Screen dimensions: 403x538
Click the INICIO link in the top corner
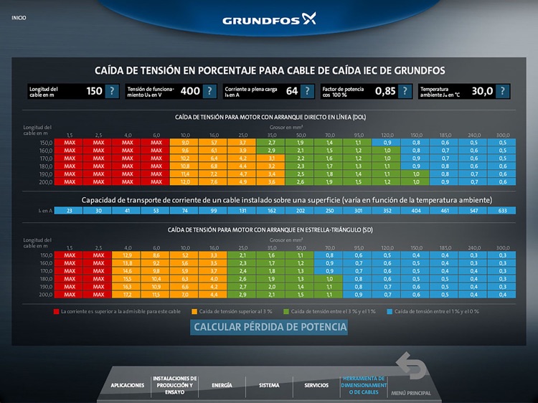[19, 17]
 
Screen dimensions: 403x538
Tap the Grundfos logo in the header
[269, 19]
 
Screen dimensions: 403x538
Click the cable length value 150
[94, 91]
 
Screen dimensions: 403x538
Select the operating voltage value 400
[190, 91]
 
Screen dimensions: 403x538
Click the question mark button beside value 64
[307, 91]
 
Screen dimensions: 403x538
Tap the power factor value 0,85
[385, 91]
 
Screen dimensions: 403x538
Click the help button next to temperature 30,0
[502, 91]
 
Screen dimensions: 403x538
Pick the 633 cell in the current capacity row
[502, 211]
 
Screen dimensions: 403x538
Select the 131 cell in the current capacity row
[242, 211]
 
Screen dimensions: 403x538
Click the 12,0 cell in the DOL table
[185, 181]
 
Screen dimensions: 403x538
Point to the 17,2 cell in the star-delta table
[127, 295]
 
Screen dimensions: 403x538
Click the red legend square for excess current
[56, 311]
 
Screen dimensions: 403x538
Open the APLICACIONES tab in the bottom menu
[128, 385]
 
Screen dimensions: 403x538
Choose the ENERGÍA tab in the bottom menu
[222, 385]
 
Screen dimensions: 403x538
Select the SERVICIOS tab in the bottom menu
[316, 385]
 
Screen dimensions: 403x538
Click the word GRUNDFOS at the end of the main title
[412, 70]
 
